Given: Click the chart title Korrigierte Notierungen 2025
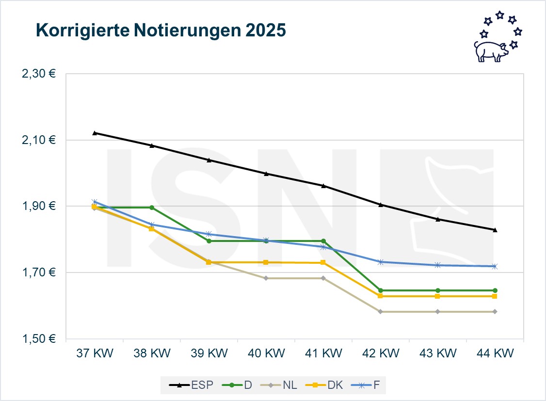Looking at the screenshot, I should [x=161, y=31].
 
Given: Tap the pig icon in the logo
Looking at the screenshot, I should [x=490, y=50].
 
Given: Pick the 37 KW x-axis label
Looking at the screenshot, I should [x=94, y=353].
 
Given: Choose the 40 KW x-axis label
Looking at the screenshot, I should [x=266, y=353].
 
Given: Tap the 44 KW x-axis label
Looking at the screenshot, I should [x=495, y=353].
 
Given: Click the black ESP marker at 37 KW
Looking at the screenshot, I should [x=95, y=132].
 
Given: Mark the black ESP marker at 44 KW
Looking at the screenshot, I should [x=495, y=230].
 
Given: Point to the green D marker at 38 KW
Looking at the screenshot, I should [x=152, y=208].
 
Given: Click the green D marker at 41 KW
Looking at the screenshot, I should [x=323, y=241].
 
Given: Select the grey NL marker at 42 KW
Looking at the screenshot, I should [x=380, y=311].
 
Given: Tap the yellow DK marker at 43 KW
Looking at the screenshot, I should [x=437, y=296].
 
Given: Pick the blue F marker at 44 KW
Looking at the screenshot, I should [x=495, y=266].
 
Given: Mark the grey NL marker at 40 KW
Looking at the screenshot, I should [x=266, y=278].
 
